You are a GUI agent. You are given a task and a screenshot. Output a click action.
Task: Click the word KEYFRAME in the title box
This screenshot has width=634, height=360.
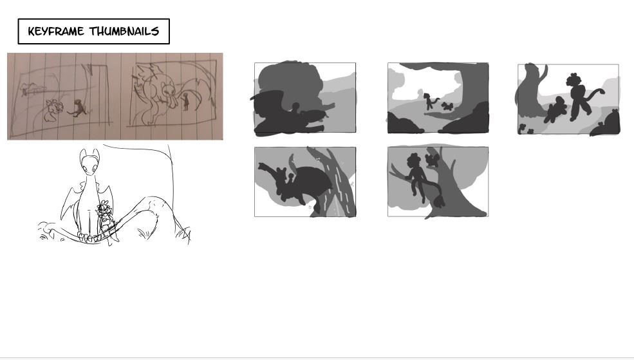56,31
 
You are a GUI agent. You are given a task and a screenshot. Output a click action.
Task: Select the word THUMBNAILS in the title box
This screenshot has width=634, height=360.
124,31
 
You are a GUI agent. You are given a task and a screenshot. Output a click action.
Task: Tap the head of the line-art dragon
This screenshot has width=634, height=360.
89,162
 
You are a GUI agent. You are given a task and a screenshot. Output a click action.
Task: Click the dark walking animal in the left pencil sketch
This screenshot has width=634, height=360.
78,108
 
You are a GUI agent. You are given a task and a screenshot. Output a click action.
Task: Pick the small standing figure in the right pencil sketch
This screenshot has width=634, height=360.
185,101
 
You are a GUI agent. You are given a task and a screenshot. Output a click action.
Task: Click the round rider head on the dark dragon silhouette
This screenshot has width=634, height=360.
295,106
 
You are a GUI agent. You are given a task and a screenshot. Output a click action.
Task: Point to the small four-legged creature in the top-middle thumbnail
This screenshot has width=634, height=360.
447,106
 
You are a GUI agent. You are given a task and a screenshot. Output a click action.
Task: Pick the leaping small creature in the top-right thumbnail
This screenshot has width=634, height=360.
554,109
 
